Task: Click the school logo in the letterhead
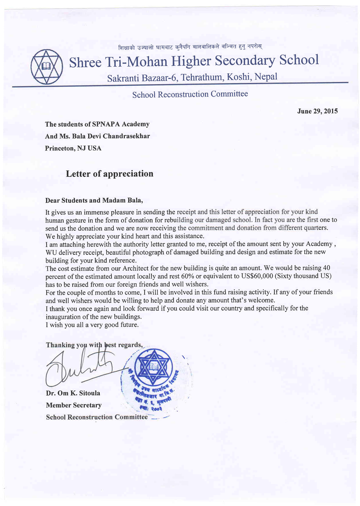pyautogui.click(x=47, y=66)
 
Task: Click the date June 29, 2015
pyautogui.click(x=317, y=111)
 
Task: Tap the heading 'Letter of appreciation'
pyautogui.click(x=110, y=174)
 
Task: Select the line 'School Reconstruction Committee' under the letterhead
pyautogui.click(x=190, y=94)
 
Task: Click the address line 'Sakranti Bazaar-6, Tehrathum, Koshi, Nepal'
pyautogui.click(x=192, y=77)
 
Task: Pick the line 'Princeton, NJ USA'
pyautogui.click(x=73, y=148)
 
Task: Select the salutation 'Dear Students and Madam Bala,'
pyautogui.click(x=94, y=200)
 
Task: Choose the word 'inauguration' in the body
pyautogui.click(x=63, y=317)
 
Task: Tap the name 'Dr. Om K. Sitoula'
pyautogui.click(x=73, y=393)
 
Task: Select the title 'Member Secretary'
pyautogui.click(x=74, y=405)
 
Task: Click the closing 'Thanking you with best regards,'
pyautogui.click(x=94, y=345)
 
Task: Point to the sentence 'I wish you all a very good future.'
pyautogui.click(x=92, y=325)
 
